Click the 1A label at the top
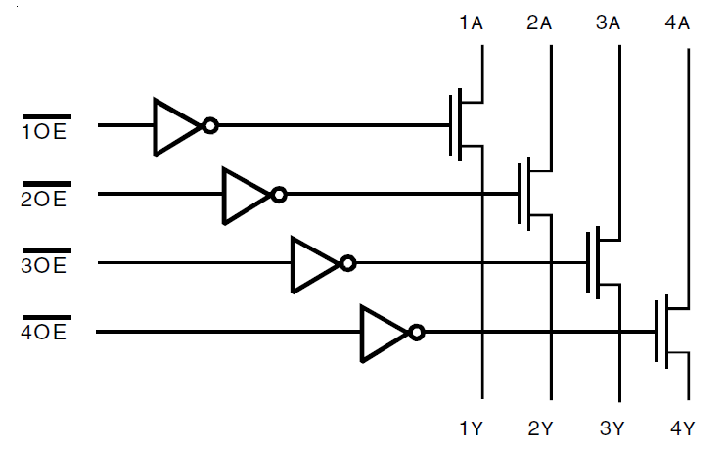[471, 23]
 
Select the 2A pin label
[539, 23]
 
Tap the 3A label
[608, 23]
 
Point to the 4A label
[677, 23]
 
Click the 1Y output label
[471, 428]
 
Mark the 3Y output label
[611, 428]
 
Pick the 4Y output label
[682, 428]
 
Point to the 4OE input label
[45, 334]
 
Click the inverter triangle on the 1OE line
[175, 126]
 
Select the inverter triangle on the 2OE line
[244, 195]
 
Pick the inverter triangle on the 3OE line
[312, 263]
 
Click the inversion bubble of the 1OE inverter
[209, 126]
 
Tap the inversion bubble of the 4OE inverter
[417, 332]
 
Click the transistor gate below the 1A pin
[455, 125]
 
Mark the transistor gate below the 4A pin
[661, 332]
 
